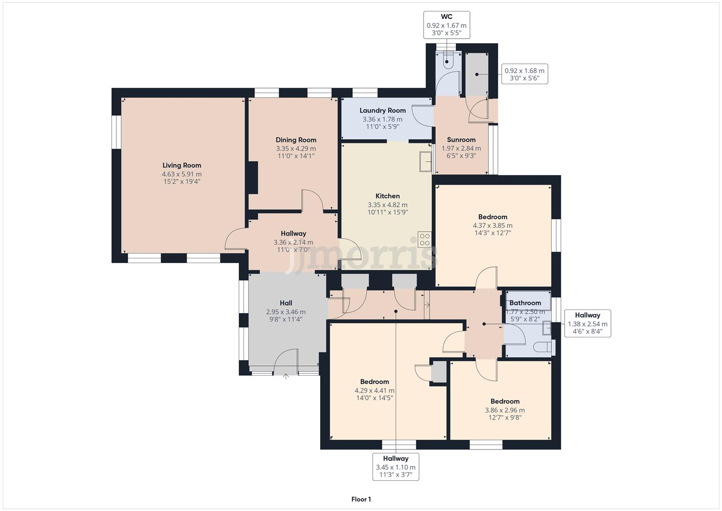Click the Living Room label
point(182,165)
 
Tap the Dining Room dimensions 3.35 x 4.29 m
point(296,149)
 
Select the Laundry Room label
point(383,110)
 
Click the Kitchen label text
point(387,196)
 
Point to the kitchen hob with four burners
point(424,239)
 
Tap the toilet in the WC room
point(447,61)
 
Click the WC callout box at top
point(446,25)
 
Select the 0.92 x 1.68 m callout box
point(524,74)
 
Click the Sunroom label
point(461,140)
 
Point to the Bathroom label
point(525,303)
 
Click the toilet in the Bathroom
point(543,348)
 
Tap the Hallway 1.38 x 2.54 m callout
point(587,324)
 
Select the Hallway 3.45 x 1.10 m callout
point(396,467)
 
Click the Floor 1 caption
point(361,499)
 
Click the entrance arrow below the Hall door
point(286,377)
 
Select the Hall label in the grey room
point(286,303)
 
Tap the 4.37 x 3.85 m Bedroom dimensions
point(493,226)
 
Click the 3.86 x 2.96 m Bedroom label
point(505,401)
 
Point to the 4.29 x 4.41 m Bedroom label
point(374,382)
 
